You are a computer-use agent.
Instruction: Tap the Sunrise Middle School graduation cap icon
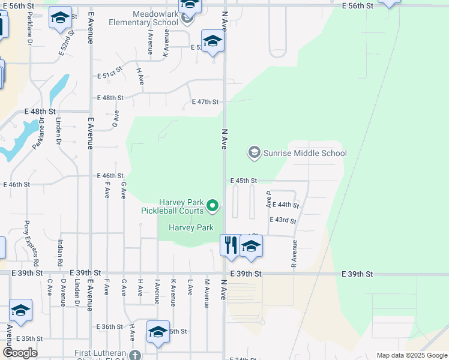click(x=254, y=152)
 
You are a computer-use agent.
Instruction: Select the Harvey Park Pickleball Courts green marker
click(x=212, y=206)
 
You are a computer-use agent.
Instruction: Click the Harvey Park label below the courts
click(x=191, y=227)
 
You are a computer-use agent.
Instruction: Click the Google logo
click(x=20, y=352)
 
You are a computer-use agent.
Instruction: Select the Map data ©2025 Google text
click(x=412, y=355)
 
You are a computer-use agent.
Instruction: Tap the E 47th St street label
click(x=205, y=102)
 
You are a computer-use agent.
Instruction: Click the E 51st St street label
click(x=110, y=76)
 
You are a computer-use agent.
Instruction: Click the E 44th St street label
click(x=285, y=205)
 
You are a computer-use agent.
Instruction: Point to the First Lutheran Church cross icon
click(x=136, y=355)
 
